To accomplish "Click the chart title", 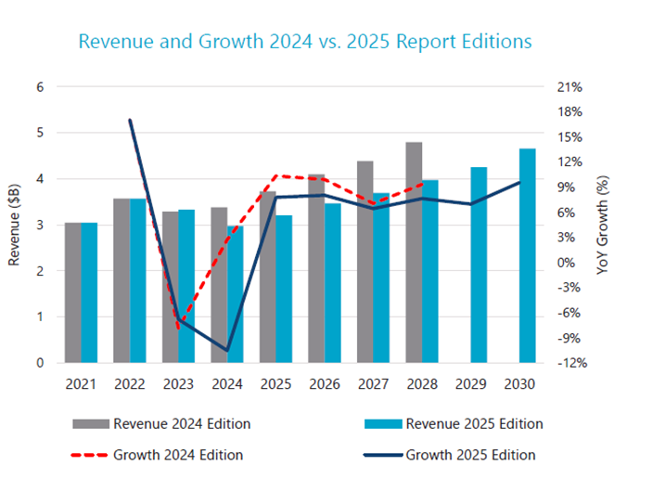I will coord(305,42).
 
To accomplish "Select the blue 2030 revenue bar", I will coord(527,255).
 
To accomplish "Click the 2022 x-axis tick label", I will coord(130,383).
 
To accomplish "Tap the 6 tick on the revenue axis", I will coord(39,87).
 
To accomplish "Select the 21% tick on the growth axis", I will coord(570,87).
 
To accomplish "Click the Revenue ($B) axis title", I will coord(15,225).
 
